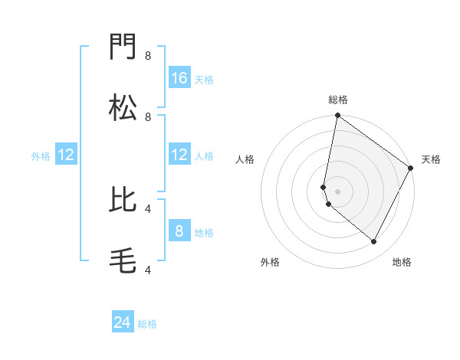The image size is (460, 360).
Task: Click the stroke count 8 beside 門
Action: [x=148, y=55]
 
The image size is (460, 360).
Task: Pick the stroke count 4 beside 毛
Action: [x=148, y=269]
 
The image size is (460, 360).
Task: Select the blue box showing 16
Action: [x=179, y=77]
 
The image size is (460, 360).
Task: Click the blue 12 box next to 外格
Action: [x=66, y=155]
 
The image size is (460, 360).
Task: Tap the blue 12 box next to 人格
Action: [x=179, y=155]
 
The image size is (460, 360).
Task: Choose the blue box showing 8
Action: [x=179, y=231]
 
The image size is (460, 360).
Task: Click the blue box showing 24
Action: [x=123, y=322]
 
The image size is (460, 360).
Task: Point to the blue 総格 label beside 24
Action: [x=147, y=324]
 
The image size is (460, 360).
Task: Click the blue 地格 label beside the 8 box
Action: [x=204, y=232]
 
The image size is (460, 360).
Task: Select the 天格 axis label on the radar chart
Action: [x=431, y=159]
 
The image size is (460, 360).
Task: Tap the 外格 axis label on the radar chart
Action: [x=270, y=262]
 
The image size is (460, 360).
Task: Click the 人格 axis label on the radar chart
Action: [x=245, y=159]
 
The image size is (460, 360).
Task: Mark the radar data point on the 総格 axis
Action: [x=337, y=116]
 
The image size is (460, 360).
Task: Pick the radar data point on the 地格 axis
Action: [x=374, y=241]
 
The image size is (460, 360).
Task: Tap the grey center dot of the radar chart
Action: [x=337, y=191]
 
